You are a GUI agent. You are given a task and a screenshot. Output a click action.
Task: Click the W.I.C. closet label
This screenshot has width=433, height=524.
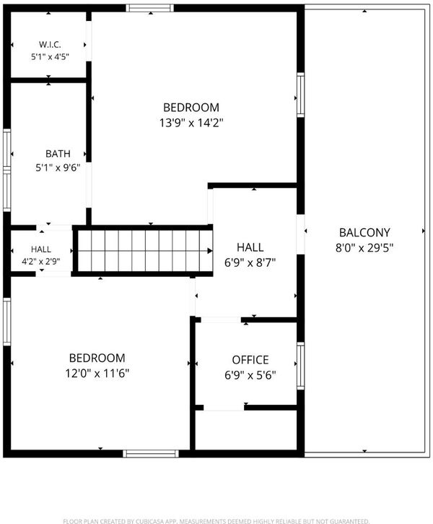pos(50,44)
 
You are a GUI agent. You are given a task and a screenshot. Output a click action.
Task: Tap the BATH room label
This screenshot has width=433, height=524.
pos(58,154)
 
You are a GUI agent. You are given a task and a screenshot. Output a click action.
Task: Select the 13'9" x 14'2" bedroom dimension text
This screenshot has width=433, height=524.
pos(191,123)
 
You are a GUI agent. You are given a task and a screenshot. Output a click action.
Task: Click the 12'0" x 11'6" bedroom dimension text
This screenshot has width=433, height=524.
pos(97,373)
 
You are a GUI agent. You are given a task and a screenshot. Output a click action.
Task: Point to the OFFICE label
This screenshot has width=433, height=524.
pos(250,360)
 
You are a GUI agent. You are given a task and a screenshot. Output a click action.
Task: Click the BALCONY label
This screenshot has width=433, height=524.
pos(364,233)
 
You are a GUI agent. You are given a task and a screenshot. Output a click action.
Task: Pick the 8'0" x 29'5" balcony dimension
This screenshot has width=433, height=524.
pos(364,248)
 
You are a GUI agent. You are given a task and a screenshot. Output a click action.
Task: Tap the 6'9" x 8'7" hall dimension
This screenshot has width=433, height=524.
pos(250,262)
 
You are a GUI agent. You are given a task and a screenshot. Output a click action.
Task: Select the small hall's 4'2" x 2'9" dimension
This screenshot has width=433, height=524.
pos(41,262)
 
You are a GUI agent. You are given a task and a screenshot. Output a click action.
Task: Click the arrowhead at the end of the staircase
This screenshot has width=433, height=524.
pos(210,251)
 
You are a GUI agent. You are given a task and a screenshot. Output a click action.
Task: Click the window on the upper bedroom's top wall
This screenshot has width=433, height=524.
pos(150,8)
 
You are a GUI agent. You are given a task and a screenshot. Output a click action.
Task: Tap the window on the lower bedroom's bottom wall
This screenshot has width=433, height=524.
pos(151,453)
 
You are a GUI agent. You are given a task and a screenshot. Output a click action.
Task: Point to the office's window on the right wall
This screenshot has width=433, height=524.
pos(300,366)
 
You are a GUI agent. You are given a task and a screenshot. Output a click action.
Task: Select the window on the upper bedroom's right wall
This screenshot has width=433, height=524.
pos(300,95)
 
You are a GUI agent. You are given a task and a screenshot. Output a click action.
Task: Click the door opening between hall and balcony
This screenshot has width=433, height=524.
pos(300,234)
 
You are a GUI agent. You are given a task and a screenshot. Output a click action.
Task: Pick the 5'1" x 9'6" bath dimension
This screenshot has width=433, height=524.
pos(58,168)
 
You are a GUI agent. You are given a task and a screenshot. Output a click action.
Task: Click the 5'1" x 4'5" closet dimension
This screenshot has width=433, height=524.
pos(50,57)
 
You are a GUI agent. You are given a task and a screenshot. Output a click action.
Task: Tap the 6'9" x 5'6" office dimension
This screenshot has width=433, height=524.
pos(250,375)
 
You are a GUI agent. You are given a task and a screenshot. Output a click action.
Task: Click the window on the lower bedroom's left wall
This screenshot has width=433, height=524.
pos(7,322)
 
